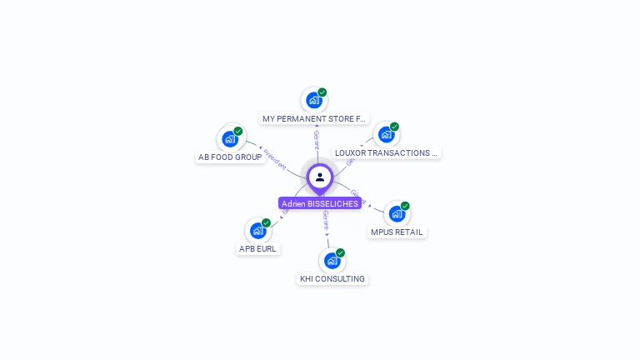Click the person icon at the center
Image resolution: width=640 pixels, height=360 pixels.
tap(320, 177)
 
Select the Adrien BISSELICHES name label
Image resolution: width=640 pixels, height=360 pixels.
tap(320, 203)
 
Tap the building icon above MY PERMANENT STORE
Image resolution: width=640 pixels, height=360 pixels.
tap(313, 100)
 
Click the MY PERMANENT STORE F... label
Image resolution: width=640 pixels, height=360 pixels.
tap(314, 119)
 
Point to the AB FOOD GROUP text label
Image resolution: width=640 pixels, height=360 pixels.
tap(230, 157)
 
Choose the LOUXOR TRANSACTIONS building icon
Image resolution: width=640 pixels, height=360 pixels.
tap(385, 134)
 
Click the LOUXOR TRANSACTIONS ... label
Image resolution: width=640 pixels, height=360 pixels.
tap(386, 153)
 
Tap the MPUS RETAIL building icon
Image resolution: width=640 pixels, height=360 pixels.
tap(397, 213)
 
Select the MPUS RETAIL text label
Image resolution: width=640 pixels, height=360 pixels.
tap(397, 232)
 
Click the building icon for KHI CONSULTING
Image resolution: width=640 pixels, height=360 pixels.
tap(332, 260)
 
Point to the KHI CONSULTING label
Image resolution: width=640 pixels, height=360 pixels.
tap(332, 279)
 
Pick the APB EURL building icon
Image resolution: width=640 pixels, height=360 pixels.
tap(257, 230)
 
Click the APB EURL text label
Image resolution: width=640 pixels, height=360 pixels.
tap(257, 248)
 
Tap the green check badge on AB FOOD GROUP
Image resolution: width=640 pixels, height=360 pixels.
tap(238, 131)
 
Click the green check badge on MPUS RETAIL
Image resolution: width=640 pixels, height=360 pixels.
tap(405, 206)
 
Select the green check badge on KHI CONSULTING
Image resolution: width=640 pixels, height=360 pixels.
tap(340, 252)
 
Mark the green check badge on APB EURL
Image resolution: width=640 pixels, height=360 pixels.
tap(266, 222)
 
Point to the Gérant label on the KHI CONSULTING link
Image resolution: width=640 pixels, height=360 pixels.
tap(326, 220)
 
